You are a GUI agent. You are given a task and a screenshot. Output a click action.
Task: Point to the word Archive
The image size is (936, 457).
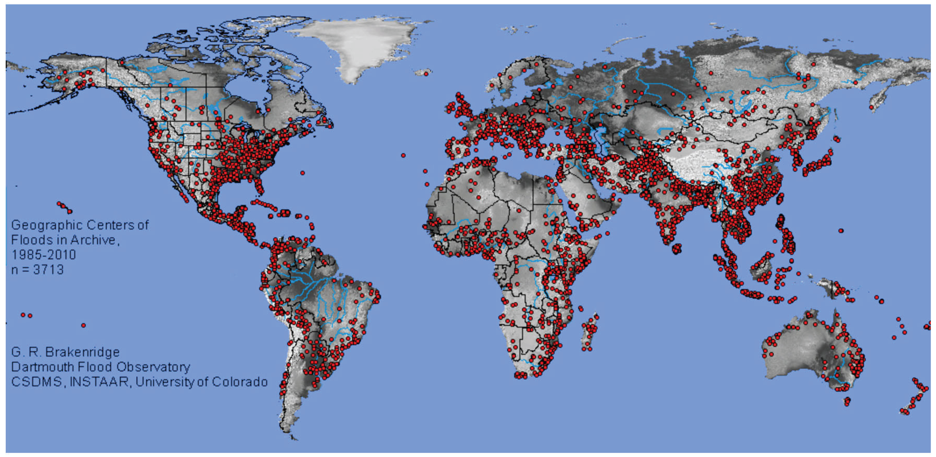[94, 240]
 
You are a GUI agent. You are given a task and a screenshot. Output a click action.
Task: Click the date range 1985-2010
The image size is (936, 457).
[44, 255]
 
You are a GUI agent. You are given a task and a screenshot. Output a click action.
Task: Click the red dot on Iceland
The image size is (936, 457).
[426, 74]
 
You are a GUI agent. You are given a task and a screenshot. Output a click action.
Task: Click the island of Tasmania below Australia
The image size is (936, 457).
[847, 402]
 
